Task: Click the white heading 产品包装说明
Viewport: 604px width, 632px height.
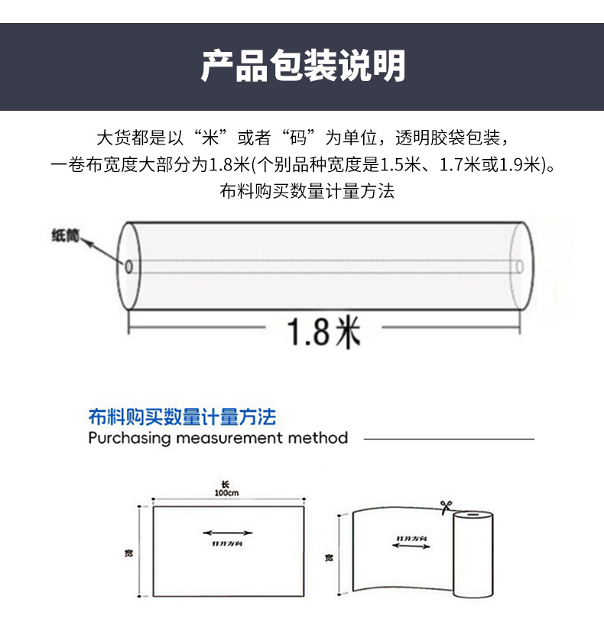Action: [302, 66]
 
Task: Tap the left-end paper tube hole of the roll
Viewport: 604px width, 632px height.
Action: [129, 266]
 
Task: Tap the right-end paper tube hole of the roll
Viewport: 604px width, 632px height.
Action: [520, 266]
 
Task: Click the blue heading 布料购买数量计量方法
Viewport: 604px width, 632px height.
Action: [181, 417]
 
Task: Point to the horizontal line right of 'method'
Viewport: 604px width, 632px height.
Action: [448, 439]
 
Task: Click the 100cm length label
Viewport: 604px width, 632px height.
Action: [227, 494]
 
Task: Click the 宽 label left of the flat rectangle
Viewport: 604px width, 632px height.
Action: [128, 552]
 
